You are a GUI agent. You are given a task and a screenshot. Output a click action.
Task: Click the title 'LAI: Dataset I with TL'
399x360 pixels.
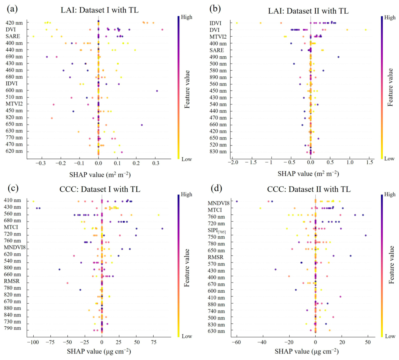[x=100, y=10]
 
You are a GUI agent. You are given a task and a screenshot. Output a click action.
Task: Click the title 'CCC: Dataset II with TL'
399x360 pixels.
[x=309, y=189]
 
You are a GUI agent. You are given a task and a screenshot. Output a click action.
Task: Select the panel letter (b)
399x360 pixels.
[x=215, y=9]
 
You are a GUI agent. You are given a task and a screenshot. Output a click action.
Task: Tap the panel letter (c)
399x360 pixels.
[x=12, y=188]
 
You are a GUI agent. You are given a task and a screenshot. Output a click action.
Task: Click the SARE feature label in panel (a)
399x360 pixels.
[x=13, y=36]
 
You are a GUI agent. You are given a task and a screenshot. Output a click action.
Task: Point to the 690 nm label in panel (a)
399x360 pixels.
[x=14, y=57]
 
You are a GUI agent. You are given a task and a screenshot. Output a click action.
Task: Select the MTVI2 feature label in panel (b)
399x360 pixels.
[x=218, y=37]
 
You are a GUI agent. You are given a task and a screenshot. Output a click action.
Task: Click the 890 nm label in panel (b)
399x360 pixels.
[x=218, y=77]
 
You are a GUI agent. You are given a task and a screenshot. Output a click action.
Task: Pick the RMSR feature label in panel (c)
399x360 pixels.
[x=11, y=281]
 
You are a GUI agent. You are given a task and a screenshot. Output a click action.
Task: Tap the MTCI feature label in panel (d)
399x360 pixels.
[x=215, y=210]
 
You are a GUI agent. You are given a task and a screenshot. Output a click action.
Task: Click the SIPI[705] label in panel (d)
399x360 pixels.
[x=217, y=231]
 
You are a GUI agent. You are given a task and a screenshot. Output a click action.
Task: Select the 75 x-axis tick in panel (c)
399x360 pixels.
[x=153, y=340]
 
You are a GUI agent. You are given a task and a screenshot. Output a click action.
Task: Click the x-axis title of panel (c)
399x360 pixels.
[x=99, y=351]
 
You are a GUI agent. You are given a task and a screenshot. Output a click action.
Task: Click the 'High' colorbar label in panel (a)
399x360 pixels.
[x=186, y=17]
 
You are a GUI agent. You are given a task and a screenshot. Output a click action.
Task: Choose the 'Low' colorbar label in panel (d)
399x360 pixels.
[x=390, y=336]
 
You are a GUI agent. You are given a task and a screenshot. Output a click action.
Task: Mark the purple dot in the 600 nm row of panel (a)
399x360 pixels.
[x=157, y=91]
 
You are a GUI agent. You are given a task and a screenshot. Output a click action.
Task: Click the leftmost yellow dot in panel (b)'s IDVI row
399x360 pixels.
[x=237, y=23]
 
